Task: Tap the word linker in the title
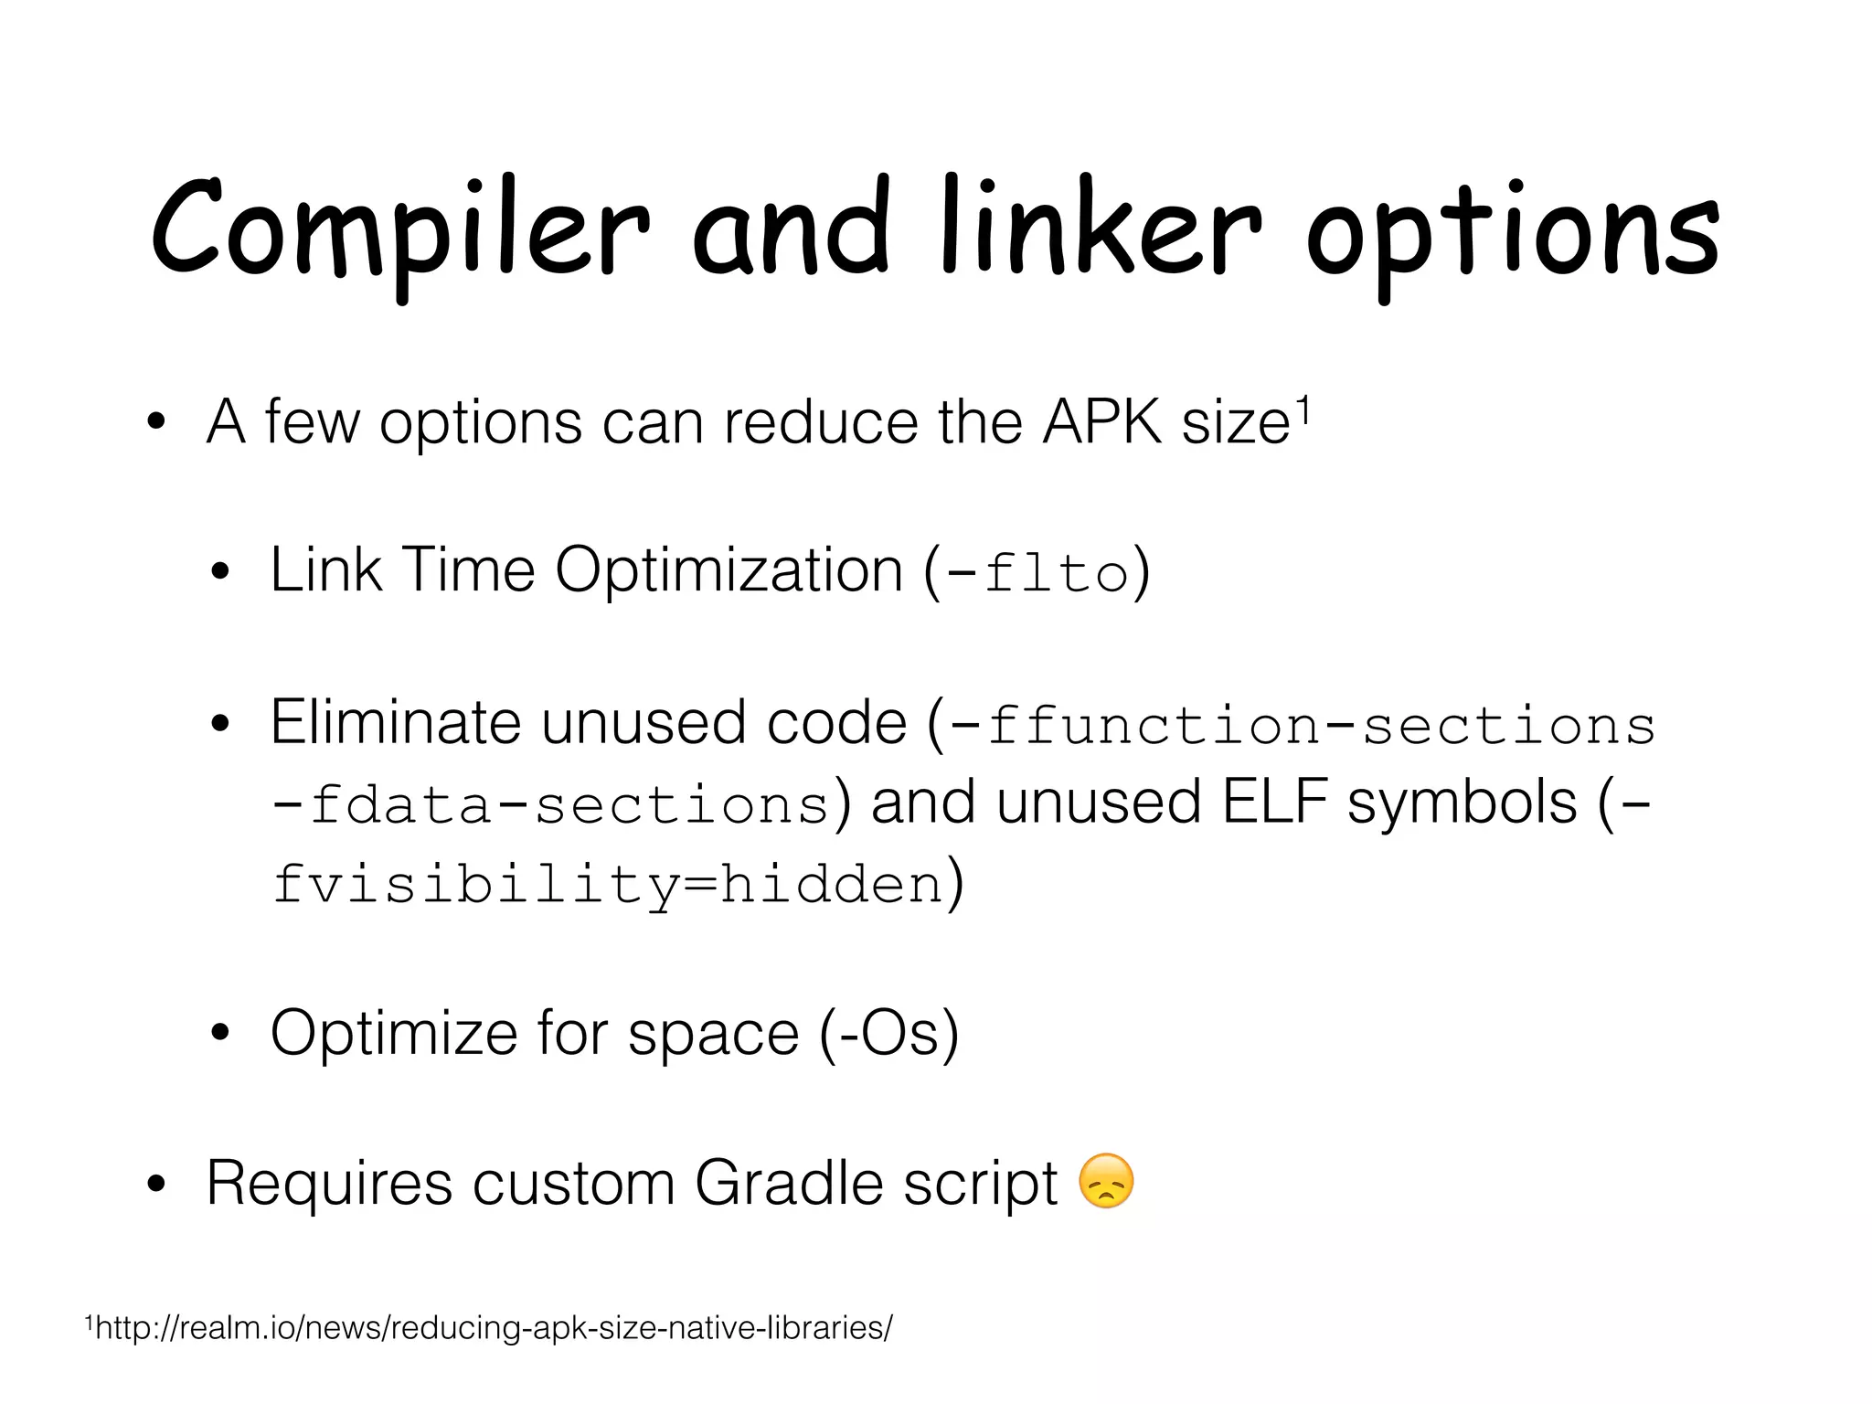[x=1101, y=229]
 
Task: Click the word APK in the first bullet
[x=1102, y=422]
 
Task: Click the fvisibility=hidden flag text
[x=608, y=885]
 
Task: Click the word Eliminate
[x=396, y=722]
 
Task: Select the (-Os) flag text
[x=888, y=1033]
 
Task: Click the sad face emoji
[x=1106, y=1181]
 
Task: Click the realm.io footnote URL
[x=494, y=1327]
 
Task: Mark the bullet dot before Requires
[x=156, y=1185]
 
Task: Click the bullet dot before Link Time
[x=219, y=573]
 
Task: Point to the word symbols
[x=1462, y=803]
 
